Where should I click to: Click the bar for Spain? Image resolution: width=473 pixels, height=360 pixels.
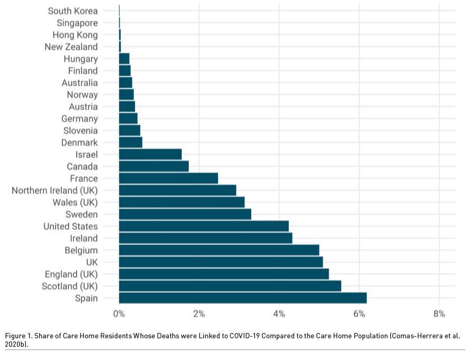[242, 298]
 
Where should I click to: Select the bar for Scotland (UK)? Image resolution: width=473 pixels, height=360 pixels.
[230, 286]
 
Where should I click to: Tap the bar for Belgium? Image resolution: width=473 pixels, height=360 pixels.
[219, 250]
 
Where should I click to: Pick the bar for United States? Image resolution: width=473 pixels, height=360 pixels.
[204, 226]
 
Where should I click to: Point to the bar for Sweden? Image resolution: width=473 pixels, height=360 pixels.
[185, 214]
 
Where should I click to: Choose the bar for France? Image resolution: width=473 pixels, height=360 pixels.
[168, 178]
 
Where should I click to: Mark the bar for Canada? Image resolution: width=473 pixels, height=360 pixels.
[153, 166]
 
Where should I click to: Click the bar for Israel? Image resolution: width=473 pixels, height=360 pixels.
[150, 154]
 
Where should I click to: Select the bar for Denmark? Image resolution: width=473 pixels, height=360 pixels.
[131, 142]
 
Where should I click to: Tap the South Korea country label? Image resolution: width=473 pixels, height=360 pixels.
[72, 11]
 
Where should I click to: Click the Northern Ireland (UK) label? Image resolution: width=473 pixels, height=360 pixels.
[54, 190]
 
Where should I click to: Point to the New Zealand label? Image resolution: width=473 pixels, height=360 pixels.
[71, 47]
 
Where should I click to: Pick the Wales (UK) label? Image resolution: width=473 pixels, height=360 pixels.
[75, 202]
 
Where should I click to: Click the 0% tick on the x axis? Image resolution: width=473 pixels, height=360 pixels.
[119, 314]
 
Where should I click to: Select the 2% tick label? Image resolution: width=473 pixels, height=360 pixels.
[199, 314]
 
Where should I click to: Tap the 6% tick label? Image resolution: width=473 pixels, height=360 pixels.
[359, 314]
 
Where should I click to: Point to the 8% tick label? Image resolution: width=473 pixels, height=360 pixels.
[439, 314]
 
